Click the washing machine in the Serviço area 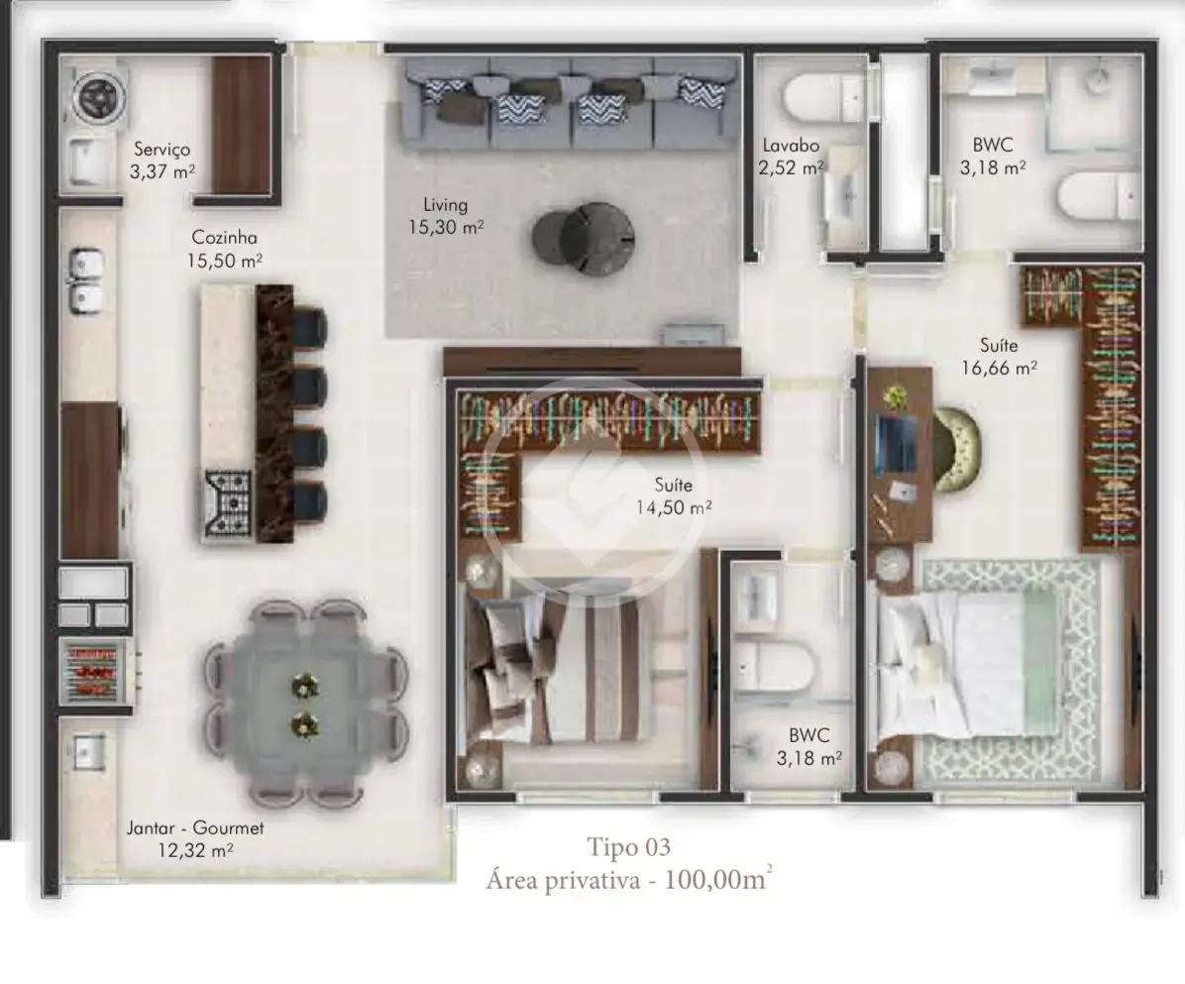(99, 97)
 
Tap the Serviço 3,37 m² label (162, 161)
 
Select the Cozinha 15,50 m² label (225, 249)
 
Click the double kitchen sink (87, 281)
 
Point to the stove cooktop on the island (228, 501)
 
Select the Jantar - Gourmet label (195, 828)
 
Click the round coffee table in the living (584, 239)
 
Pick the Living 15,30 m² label (446, 216)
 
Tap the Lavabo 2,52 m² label (791, 157)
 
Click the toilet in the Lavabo (824, 97)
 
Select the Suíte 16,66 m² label (999, 357)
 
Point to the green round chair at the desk (957, 450)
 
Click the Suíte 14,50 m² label (674, 495)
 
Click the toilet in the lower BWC (774, 667)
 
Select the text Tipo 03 (629, 847)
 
